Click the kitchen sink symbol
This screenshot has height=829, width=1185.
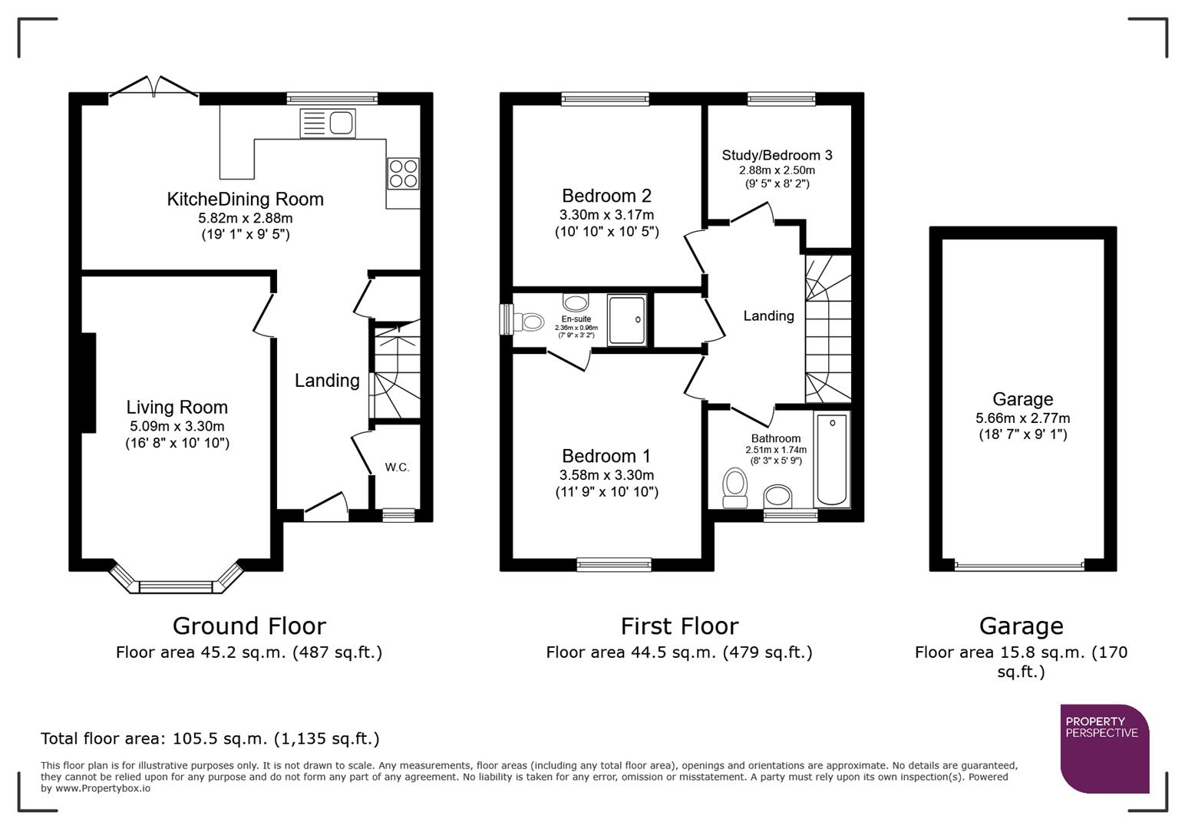(x=328, y=124)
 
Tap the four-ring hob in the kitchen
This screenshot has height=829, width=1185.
(x=403, y=173)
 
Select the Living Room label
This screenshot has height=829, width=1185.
(x=177, y=408)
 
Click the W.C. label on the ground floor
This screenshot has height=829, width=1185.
(x=397, y=467)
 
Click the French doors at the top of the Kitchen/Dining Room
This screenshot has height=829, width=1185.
(x=154, y=88)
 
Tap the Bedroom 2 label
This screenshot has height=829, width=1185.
(x=606, y=196)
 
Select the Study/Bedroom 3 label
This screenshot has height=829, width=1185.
(x=777, y=155)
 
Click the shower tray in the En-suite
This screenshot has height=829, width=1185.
(x=627, y=319)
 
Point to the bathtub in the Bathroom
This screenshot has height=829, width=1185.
(x=832, y=460)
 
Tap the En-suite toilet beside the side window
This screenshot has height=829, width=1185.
(x=529, y=320)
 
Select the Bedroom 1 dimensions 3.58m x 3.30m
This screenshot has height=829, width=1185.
(x=606, y=475)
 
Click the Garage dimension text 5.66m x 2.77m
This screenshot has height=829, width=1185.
(x=1022, y=418)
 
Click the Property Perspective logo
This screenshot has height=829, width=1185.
(x=1104, y=748)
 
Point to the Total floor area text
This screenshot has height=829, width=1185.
(x=210, y=738)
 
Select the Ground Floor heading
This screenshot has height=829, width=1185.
(x=249, y=626)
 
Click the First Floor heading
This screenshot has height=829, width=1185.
(x=679, y=626)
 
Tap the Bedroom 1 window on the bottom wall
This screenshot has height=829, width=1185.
(x=614, y=565)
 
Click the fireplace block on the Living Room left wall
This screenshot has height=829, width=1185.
(x=88, y=382)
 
